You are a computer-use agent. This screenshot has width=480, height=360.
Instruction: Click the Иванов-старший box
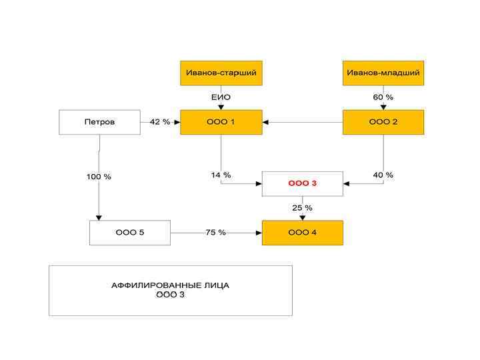[x=221, y=73]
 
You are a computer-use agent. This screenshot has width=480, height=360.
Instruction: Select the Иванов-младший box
[x=383, y=73]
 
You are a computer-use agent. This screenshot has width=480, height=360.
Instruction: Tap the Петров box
[x=99, y=122]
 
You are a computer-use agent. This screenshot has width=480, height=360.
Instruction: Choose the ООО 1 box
[x=221, y=122]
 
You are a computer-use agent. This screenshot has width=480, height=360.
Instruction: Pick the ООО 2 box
[x=383, y=122]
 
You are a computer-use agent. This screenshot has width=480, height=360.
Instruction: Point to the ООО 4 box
[x=302, y=233]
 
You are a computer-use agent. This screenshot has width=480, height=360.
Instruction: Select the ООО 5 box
[x=130, y=233]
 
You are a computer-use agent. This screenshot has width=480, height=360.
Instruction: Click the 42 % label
[x=160, y=122]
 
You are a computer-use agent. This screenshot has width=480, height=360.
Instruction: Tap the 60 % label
[x=383, y=97]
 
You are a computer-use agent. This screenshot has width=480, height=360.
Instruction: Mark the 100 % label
[x=99, y=177]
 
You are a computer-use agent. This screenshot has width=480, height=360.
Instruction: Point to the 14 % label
[x=221, y=175]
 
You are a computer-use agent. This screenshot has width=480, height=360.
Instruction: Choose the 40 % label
[x=383, y=175]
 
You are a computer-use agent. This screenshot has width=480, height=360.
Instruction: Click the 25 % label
[x=302, y=208]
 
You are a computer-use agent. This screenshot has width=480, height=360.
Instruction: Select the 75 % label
[x=216, y=233]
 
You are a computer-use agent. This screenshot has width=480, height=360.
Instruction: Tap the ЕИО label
[x=221, y=97]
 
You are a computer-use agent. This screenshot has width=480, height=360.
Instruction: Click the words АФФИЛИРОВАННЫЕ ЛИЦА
[x=170, y=285]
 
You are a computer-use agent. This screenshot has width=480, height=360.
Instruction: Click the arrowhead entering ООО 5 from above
[x=99, y=217]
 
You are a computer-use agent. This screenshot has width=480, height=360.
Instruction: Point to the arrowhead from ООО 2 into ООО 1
[x=265, y=122]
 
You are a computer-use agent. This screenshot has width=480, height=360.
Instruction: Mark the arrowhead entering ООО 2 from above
[x=383, y=107]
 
